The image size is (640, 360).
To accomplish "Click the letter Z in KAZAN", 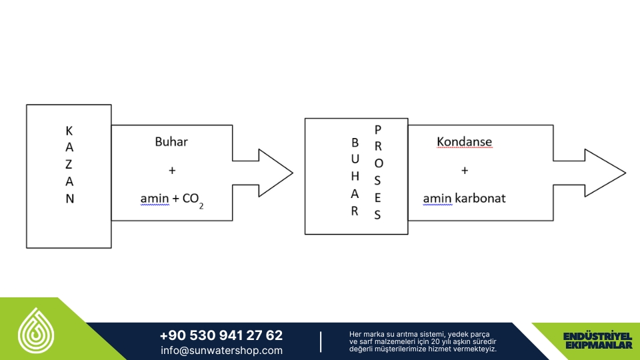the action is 69,164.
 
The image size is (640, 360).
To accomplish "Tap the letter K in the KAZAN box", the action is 69,131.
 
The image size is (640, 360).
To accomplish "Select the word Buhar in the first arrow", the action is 171,141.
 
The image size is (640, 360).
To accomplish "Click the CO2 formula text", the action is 193,200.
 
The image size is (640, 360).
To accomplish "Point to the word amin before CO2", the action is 155,199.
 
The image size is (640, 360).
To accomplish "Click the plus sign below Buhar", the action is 172,170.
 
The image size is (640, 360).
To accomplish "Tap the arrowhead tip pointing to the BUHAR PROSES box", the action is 293,173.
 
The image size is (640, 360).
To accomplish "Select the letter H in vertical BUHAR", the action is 355,176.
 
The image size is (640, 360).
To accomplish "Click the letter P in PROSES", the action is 377,130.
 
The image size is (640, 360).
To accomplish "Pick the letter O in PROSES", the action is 379,163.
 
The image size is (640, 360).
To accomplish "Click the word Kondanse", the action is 464,141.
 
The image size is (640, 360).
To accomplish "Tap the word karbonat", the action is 480,199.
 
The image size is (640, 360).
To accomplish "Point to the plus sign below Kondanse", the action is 465,170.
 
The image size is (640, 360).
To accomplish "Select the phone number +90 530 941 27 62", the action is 221,335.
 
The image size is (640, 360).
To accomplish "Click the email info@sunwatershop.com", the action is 221,350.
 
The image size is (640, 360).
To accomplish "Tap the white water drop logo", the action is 36,331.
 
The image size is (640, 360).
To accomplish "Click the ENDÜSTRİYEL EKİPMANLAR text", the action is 597,341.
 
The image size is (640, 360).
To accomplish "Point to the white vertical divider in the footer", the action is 321,341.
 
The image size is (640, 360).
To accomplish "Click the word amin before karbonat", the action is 437,199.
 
